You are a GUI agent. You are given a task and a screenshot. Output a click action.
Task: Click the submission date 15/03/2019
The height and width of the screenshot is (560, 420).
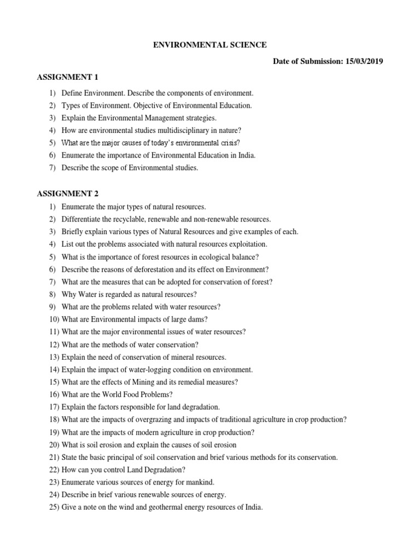[364, 62]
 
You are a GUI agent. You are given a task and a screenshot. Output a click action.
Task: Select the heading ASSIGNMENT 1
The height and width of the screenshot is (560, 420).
[67, 77]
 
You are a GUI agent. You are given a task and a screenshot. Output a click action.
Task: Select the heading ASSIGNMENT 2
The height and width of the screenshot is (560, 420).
[67, 193]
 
